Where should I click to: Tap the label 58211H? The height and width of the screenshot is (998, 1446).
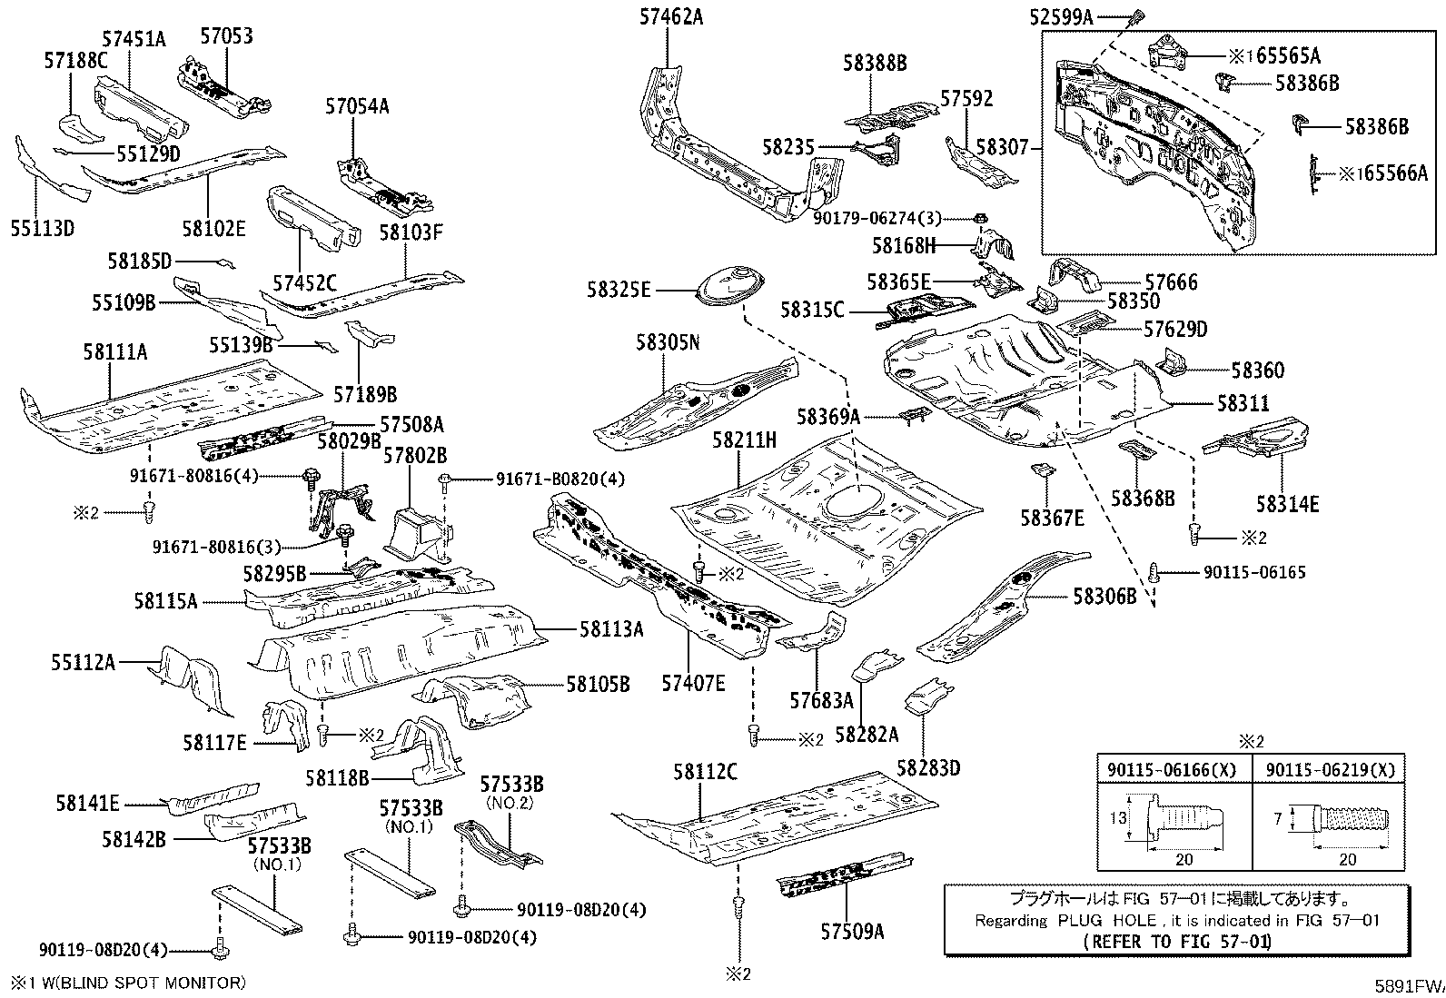[744, 440]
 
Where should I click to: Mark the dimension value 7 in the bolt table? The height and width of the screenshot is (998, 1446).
[1278, 818]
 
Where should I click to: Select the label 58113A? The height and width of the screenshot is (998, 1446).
[611, 628]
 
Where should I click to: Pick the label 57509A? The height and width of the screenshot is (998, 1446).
[852, 931]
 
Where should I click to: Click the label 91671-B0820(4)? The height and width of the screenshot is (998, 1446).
[560, 479]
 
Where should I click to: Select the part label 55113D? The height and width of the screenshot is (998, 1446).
[42, 227]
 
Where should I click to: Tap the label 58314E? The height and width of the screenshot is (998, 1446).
[1288, 503]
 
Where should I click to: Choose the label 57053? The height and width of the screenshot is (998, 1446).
[226, 36]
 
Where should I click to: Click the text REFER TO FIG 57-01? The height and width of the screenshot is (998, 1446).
[1177, 941]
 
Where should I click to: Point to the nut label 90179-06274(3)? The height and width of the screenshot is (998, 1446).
[877, 218]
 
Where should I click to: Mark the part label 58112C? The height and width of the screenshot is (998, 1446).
[705, 772]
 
